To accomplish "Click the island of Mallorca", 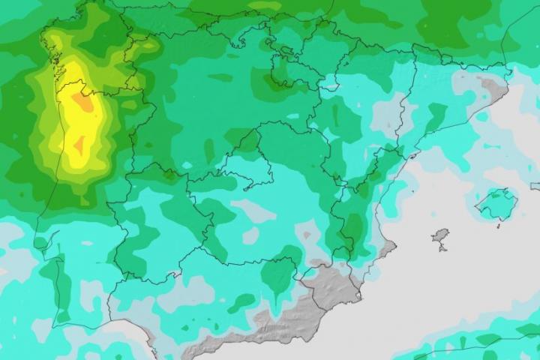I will (495, 203).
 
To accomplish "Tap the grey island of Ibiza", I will (440, 238).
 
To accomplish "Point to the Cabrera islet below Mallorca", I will (497, 224).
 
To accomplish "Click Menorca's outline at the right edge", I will (535, 185).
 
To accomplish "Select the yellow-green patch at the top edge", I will (266, 6).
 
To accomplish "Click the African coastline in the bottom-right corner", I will (480, 348).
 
